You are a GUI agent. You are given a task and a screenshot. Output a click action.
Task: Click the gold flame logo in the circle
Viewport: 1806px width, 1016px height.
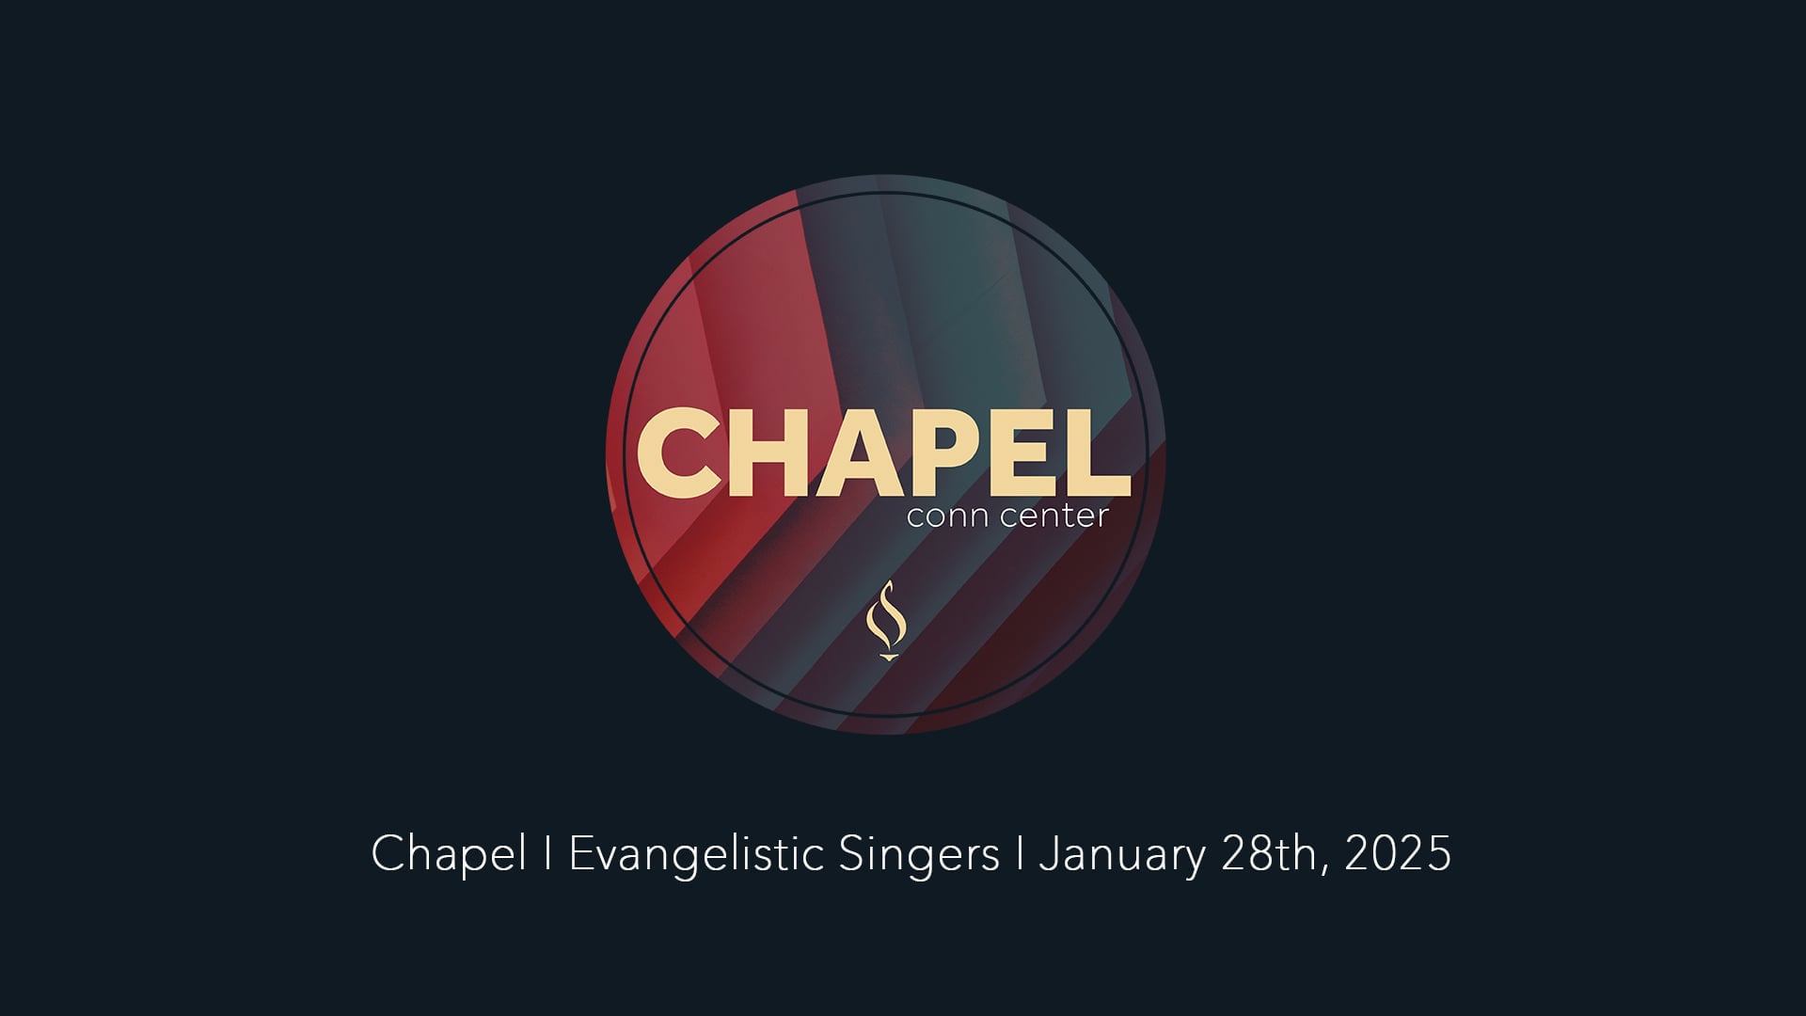click(x=885, y=619)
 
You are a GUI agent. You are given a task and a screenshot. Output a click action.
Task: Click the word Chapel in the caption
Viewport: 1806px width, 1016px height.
click(x=449, y=854)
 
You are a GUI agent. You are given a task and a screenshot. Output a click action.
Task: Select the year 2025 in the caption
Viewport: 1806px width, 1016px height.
click(x=1398, y=854)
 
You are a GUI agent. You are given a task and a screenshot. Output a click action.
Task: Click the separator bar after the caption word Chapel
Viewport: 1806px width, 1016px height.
click(x=547, y=854)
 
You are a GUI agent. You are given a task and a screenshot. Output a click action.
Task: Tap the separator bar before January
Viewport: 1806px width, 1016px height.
click(x=1020, y=854)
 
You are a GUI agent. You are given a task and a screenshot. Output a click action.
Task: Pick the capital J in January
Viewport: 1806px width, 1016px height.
click(x=1048, y=854)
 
